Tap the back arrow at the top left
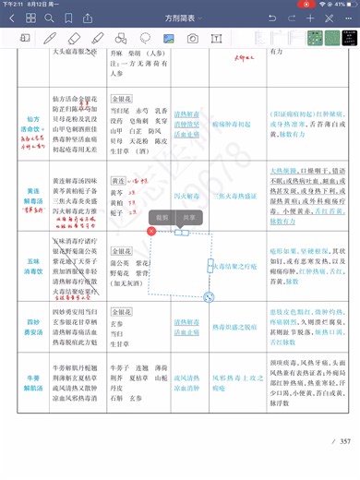tap(12, 18)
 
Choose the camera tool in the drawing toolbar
tap(193, 39)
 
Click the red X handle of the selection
tap(152, 233)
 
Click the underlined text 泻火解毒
tap(188, 196)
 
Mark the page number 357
tap(344, 441)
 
